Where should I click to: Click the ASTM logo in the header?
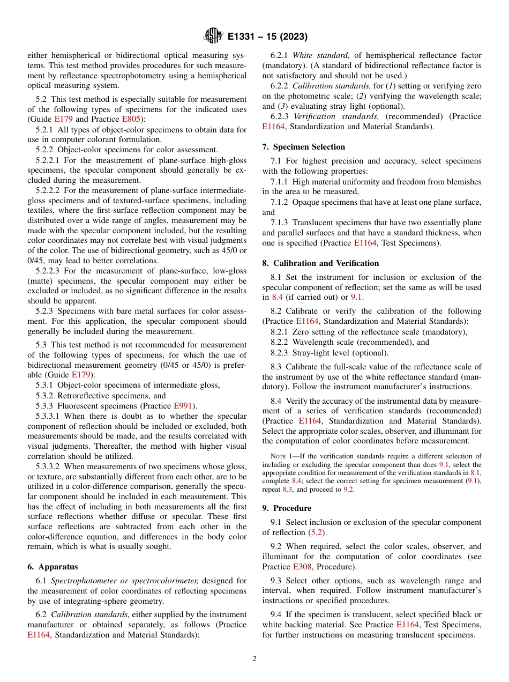213,36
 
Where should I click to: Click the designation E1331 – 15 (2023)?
267,37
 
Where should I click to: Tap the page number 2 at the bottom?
254,659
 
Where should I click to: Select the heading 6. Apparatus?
53,567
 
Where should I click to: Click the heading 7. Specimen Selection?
304,147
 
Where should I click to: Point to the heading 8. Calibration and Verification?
320,263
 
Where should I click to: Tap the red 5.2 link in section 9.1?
315,532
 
